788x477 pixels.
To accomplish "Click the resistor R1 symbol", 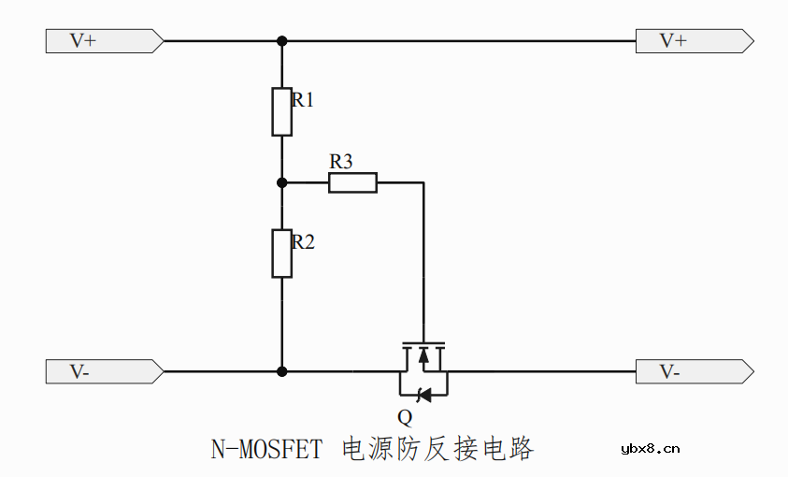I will tap(281, 111).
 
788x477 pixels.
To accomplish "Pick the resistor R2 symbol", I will tap(281, 253).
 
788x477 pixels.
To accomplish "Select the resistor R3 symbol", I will tap(352, 182).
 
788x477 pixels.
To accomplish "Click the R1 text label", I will tap(303, 100).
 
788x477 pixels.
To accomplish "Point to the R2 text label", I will tap(303, 242).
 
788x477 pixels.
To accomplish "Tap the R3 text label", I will tap(341, 162).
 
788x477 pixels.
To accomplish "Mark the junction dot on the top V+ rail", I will tap(281, 41).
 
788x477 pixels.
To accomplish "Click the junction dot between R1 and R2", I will tap(281, 182).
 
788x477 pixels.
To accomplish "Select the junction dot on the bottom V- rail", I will tap(281, 371).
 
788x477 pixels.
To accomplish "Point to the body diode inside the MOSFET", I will tap(423, 395).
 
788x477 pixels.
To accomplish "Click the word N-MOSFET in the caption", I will tap(266, 450).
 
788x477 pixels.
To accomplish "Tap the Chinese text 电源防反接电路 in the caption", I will tap(438, 449).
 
